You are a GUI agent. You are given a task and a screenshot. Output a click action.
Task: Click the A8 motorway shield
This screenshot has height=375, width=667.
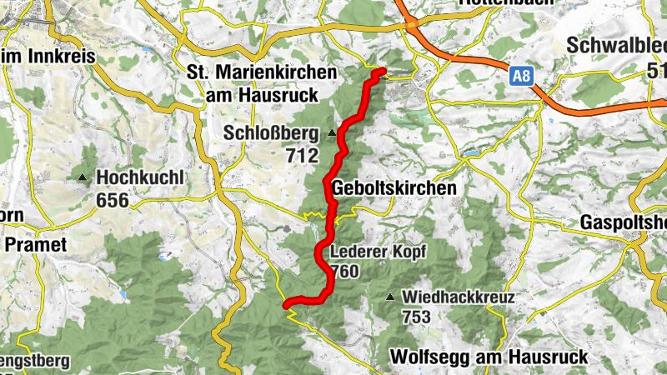coord(520,77)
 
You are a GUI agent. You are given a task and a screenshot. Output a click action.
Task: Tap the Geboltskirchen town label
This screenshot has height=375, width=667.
coord(394,188)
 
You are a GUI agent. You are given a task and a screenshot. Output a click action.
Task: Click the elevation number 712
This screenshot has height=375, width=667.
coord(301,155)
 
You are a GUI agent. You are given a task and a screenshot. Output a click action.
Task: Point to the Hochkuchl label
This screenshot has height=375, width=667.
coord(137,177)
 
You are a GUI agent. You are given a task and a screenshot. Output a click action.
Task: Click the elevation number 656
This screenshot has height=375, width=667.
coord(113,199)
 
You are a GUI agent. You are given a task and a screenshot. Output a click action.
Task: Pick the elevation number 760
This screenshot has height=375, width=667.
coord(344,272)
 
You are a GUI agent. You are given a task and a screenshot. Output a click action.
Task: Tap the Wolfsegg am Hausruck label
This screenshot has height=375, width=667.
coord(489,357)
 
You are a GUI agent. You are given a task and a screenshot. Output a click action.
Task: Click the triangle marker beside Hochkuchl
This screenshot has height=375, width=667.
coord(82,177)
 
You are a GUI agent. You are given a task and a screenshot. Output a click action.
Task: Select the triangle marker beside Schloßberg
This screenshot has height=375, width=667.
coord(332,133)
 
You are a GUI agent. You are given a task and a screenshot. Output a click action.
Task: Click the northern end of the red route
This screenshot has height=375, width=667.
coord(383,71)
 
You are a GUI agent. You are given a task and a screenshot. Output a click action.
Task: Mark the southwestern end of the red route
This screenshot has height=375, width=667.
coord(286,306)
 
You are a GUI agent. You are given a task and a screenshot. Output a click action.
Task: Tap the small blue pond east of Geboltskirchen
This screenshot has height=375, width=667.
coord(474,154)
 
